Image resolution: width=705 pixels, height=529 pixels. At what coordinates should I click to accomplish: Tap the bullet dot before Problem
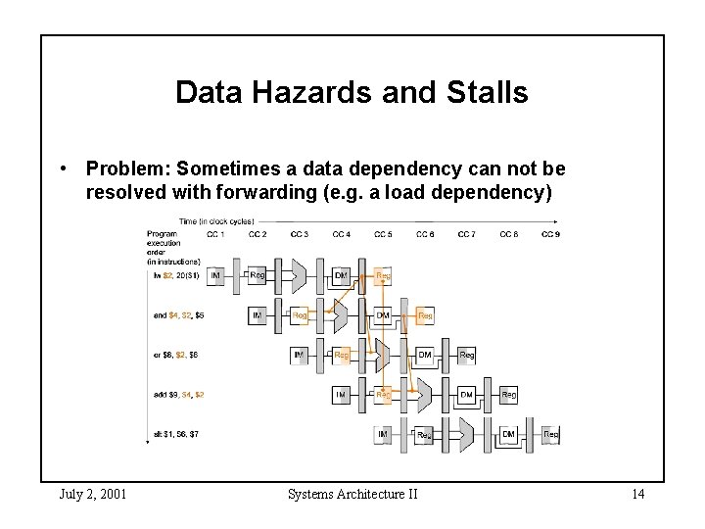(62, 168)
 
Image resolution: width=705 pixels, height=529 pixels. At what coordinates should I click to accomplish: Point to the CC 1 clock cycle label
(215, 234)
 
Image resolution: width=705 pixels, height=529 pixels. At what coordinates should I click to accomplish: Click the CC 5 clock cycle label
(383, 234)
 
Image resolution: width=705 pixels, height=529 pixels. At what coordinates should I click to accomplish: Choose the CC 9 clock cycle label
(550, 234)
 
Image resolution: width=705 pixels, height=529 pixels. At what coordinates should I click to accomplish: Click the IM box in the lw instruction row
(215, 276)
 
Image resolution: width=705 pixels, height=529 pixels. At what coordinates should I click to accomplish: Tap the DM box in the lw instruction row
(341, 276)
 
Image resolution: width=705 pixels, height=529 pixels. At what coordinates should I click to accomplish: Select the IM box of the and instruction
(257, 315)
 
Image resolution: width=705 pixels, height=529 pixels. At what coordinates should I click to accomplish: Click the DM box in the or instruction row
(425, 355)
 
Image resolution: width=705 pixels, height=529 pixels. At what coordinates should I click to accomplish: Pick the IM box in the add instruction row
(341, 395)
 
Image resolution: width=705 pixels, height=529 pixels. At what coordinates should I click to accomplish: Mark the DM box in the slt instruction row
(508, 434)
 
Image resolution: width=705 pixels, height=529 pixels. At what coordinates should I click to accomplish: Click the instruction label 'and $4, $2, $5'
(178, 315)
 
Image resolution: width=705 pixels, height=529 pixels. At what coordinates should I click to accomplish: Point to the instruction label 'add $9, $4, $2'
(178, 395)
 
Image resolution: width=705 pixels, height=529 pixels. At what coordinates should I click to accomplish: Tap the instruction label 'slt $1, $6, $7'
(176, 434)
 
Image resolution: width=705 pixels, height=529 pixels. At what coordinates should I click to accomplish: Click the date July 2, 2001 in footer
(92, 494)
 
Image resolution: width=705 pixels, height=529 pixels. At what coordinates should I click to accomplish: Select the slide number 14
(637, 494)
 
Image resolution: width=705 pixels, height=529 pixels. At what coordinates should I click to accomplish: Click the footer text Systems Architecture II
(352, 494)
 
